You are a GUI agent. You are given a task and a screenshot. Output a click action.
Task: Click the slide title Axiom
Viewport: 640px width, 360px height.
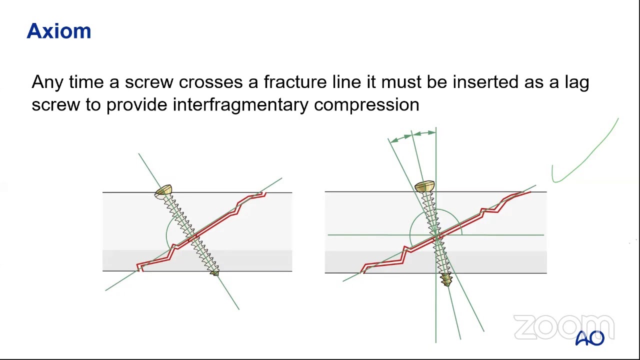[59, 31]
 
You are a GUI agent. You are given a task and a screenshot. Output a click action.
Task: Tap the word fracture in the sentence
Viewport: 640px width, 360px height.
[295, 82]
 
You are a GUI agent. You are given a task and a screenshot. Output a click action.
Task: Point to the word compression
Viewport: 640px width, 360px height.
[366, 105]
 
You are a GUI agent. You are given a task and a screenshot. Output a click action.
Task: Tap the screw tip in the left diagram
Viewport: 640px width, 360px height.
[214, 272]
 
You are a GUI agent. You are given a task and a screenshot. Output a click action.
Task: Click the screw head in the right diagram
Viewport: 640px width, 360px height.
[424, 187]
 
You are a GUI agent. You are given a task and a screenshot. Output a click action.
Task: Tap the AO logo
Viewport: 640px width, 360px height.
[590, 338]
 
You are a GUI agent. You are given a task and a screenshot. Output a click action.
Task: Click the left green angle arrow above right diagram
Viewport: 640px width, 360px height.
[400, 137]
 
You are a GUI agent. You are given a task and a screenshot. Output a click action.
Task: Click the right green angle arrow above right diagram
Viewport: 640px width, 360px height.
[424, 133]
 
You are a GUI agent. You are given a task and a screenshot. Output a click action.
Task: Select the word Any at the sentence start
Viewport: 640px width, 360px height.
[47, 82]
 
